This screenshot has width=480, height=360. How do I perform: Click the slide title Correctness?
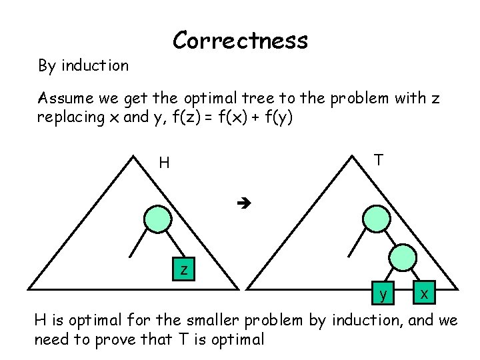tap(240, 41)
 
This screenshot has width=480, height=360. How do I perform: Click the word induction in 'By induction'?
tap(95, 65)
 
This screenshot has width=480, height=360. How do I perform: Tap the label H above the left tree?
tap(164, 163)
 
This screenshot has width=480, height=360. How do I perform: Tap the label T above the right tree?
tap(378, 159)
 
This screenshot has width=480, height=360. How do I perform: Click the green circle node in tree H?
tap(159, 219)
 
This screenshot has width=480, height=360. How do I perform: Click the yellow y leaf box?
tap(382, 293)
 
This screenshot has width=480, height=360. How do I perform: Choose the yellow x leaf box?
tap(424, 292)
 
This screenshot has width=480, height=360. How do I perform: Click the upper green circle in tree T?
tap(377, 219)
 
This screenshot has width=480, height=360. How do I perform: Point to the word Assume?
tap(64, 99)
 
